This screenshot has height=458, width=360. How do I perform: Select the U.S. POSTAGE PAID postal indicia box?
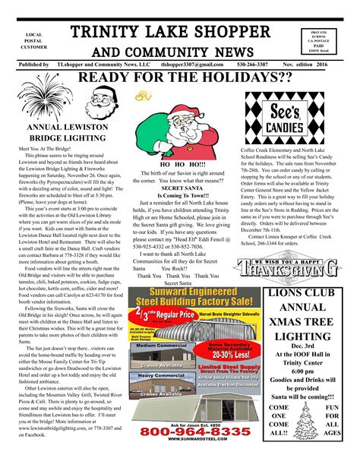(328, 42)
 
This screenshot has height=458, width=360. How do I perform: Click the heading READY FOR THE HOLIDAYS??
(179, 78)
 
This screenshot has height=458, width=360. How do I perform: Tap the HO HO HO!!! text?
(182, 163)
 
